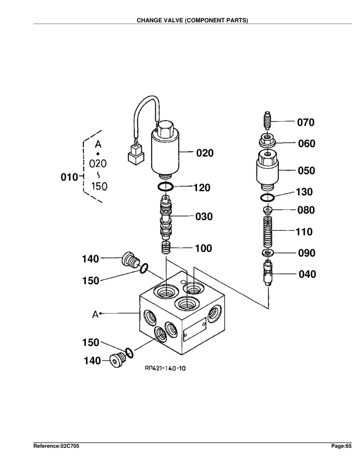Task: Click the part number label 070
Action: [305, 123]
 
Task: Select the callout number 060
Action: [305, 144]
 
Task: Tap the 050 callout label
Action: [305, 171]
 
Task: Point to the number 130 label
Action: [304, 192]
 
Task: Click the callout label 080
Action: [305, 210]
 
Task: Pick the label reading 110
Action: [304, 232]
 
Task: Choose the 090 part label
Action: [305, 254]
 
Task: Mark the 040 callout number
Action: [305, 274]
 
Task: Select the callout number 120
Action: [202, 188]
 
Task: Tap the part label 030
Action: [203, 217]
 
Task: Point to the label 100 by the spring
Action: [203, 248]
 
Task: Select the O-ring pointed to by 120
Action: [166, 188]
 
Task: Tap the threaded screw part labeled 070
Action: [266, 123]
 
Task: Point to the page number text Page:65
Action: [341, 447]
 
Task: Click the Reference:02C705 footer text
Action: [56, 447]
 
